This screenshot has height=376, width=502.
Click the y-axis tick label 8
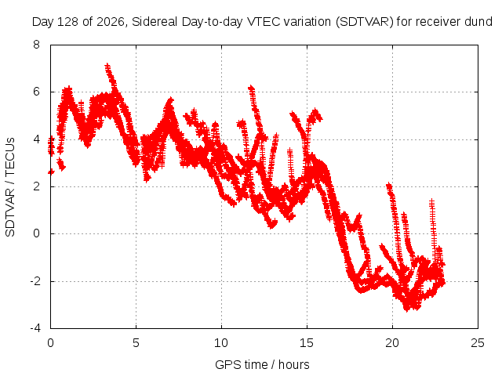36,45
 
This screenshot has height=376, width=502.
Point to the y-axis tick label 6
36,92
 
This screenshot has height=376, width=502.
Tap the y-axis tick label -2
35,281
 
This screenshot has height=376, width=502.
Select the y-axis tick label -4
35,328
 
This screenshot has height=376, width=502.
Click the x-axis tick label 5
136,343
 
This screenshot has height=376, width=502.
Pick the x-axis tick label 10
221,343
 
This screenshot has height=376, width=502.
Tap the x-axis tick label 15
307,343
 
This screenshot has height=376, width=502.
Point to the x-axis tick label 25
478,343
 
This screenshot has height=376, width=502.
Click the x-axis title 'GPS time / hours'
262,365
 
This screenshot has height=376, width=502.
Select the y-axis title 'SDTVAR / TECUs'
10,187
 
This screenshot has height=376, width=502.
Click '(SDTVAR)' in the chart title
364,22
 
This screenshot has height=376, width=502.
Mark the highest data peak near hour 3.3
107,66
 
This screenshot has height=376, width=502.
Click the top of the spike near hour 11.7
251,88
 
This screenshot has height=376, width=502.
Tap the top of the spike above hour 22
432,201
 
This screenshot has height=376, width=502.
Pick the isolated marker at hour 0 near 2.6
51,172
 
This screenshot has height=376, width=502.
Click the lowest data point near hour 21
406,309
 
